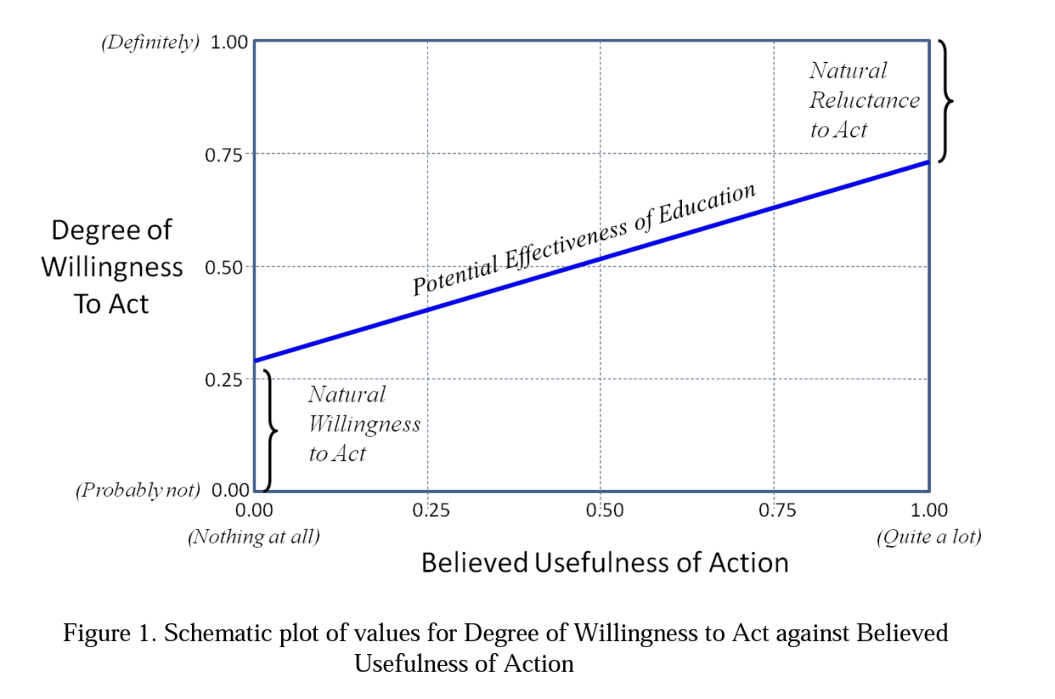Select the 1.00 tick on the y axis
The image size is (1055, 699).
coord(228,43)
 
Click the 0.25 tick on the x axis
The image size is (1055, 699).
coord(427,510)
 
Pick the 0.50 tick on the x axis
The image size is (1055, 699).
coord(601,510)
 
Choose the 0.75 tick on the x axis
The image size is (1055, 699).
coord(774,510)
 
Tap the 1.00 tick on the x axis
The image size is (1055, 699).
coord(929,510)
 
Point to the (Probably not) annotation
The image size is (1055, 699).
coord(138,491)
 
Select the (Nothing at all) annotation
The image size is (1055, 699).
coord(254,537)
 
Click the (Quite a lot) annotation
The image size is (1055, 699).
coord(929,537)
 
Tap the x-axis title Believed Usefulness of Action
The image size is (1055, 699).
coord(605,563)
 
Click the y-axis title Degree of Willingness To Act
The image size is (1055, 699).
coord(111,266)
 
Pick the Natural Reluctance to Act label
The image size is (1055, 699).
coord(864,99)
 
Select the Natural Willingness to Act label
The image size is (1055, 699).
coord(364,423)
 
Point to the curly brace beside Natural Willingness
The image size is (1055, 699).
coord(271,431)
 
